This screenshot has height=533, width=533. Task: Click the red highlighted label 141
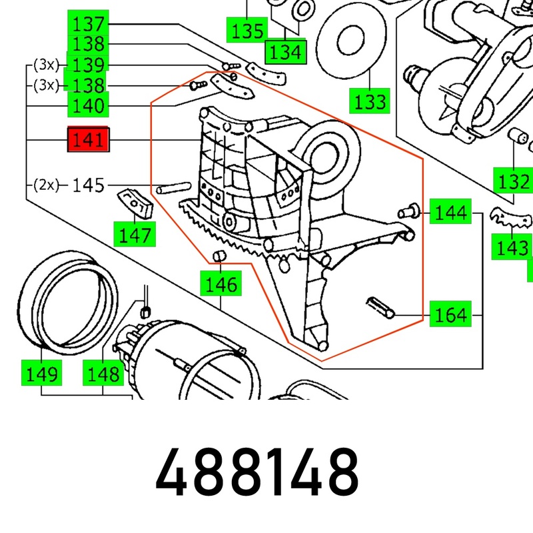coord(89,140)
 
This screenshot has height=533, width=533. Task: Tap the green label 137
coord(89,25)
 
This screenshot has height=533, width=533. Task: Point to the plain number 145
coord(88,185)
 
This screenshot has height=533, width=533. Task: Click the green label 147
coord(134,234)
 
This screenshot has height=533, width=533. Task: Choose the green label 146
coord(221,284)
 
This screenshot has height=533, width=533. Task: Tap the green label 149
coord(41,373)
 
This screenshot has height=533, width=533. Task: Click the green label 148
coord(103,373)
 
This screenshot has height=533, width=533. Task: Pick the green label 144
coord(451,213)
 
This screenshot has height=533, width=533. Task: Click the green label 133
coord(369,102)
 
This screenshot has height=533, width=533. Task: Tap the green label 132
coord(512,180)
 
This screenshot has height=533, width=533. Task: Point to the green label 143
coord(511,248)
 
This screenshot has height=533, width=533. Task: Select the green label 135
coord(247,30)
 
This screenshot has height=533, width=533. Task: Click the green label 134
coord(285,51)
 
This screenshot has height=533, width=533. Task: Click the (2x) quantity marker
coord(45,185)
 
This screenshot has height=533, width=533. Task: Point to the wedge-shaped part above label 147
coord(135,203)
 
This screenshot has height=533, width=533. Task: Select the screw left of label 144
coord(408,211)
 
